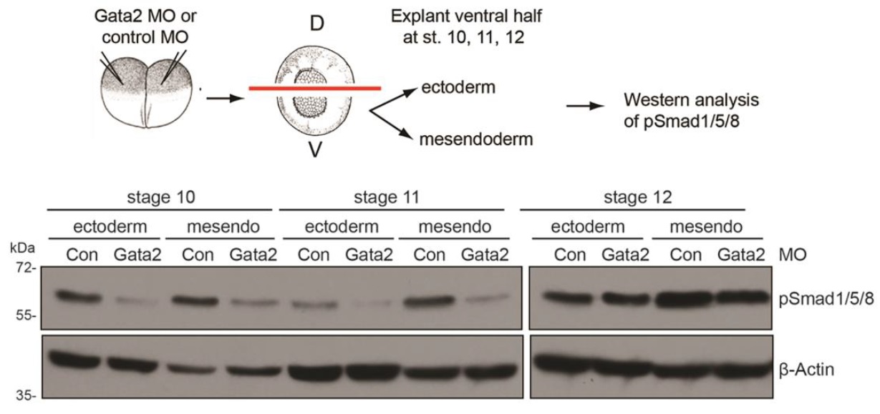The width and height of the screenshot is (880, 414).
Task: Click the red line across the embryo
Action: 314,89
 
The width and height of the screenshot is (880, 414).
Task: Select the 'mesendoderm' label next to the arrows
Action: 476,139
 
